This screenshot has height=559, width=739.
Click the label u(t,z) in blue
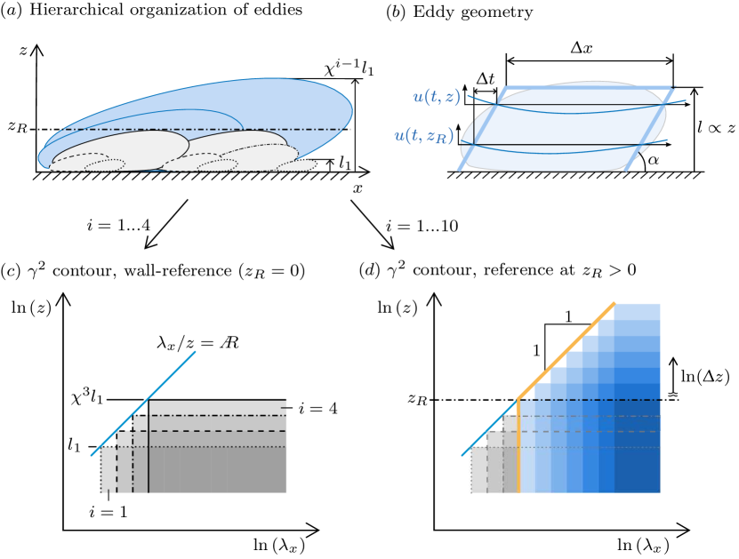pyautogui.click(x=437, y=97)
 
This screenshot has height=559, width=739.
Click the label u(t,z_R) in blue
pyautogui.click(x=424, y=136)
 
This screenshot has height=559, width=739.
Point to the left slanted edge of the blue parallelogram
pyautogui.click(x=480, y=130)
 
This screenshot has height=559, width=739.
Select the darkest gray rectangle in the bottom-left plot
pyautogui.click(x=218, y=469)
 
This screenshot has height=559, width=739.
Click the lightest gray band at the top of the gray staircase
pyautogui.click(x=218, y=407)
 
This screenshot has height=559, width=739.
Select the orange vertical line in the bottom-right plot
pyautogui.click(x=518, y=444)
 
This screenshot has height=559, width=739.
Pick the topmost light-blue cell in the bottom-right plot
pyautogui.click(x=637, y=311)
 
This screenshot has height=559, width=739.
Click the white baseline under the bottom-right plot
pyautogui.click(x=565, y=493)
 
